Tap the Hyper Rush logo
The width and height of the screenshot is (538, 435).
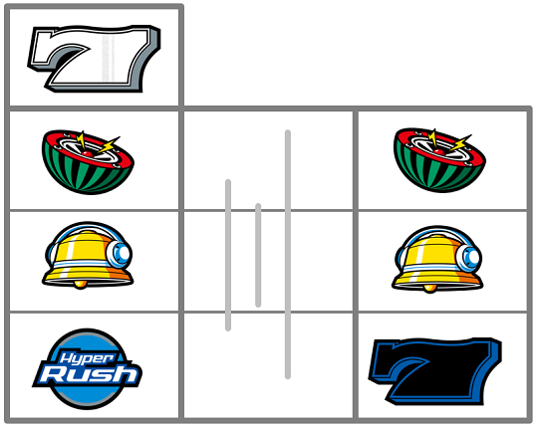pyautogui.click(x=87, y=369)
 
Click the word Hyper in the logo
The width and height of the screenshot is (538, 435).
pyautogui.click(x=87, y=358)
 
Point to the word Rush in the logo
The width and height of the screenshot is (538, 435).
pyautogui.click(x=90, y=374)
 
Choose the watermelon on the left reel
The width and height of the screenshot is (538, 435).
pyautogui.click(x=88, y=162)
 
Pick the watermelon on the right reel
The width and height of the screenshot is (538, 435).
pyautogui.click(x=439, y=160)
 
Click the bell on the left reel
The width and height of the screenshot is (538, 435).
pyautogui.click(x=88, y=256)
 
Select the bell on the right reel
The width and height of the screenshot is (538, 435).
pyautogui.click(x=437, y=259)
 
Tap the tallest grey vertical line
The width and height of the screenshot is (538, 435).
pyautogui.click(x=288, y=255)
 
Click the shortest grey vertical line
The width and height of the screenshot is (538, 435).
pyautogui.click(x=258, y=255)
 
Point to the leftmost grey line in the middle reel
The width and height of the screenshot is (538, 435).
pyautogui.click(x=228, y=255)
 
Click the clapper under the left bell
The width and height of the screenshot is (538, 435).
pyautogui.click(x=81, y=285)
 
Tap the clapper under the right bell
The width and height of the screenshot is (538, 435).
pyautogui.click(x=430, y=289)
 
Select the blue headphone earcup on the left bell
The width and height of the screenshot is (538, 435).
pyautogui.click(x=119, y=254)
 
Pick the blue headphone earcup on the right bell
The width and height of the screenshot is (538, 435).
pyautogui.click(x=469, y=258)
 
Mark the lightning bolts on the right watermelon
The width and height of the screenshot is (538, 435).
pyautogui.click(x=449, y=141)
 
